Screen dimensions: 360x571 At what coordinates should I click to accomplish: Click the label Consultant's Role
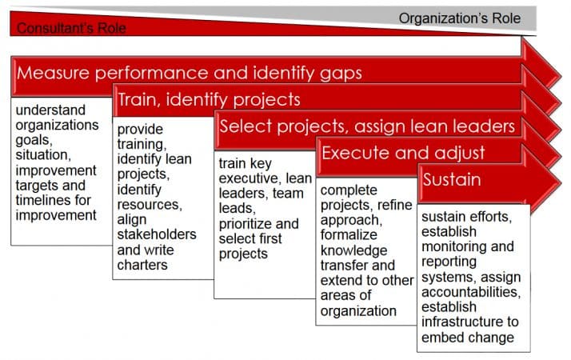pyautogui.click(x=71, y=28)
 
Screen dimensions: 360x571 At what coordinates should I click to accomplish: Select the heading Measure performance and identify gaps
pyautogui.click(x=190, y=73)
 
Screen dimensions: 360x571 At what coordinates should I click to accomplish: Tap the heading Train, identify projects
pyautogui.click(x=209, y=100)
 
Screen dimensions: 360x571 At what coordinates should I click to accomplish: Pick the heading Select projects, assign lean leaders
pyautogui.click(x=367, y=126)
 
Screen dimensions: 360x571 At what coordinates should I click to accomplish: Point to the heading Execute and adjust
pyautogui.click(x=403, y=152)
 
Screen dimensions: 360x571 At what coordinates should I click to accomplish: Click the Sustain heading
pyautogui.click(x=452, y=178)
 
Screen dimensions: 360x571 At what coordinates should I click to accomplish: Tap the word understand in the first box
pyautogui.click(x=51, y=110)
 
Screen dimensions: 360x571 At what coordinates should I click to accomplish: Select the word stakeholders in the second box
pyautogui.click(x=156, y=234)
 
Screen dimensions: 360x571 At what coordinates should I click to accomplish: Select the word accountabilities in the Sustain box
pyautogui.click(x=470, y=292)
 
